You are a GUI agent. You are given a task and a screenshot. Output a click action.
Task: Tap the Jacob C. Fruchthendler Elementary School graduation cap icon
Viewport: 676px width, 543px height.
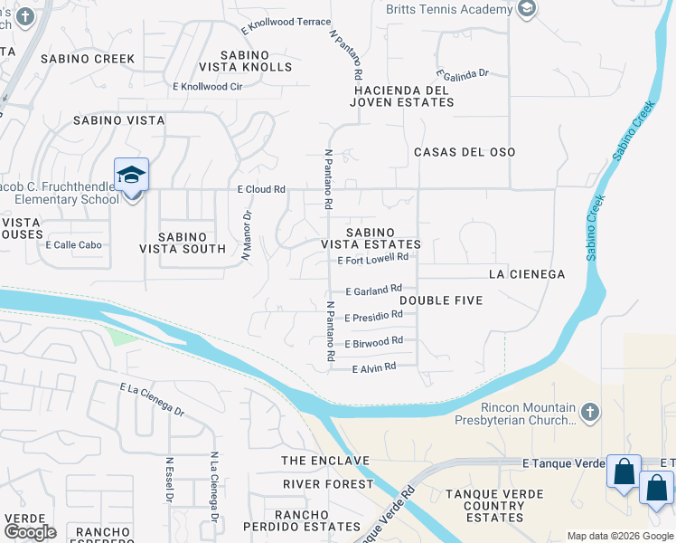point(131,174)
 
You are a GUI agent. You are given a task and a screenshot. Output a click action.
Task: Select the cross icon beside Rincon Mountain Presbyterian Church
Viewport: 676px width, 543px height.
point(589,414)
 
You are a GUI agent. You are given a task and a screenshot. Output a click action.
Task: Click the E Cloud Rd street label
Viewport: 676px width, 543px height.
point(261,190)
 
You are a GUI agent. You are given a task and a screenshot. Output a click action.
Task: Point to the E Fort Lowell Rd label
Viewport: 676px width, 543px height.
point(372,258)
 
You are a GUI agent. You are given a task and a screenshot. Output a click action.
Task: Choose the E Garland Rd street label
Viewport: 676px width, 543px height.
point(373,291)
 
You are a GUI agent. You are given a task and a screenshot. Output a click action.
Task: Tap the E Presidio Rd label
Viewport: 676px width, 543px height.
point(373,317)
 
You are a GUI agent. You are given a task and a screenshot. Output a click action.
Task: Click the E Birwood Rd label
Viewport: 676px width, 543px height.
point(373,343)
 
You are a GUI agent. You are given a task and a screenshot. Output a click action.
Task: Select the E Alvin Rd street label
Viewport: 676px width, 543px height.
point(373,367)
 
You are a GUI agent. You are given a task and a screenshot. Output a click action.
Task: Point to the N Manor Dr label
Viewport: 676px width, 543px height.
point(246,236)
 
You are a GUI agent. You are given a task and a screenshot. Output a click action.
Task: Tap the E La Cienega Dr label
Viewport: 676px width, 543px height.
point(152,398)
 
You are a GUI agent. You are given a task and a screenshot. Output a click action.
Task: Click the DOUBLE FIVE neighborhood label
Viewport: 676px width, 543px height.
point(441,300)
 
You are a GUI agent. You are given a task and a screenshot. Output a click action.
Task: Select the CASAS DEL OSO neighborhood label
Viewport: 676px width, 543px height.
point(465,152)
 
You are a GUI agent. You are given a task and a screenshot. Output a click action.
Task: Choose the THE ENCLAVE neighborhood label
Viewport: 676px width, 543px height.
point(325,461)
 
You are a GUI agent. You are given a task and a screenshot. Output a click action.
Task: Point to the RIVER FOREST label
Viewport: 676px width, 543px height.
point(327,484)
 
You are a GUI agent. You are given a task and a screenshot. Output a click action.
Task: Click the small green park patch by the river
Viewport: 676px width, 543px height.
point(119,336)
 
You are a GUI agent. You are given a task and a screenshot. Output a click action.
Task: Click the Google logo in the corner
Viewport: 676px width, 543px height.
point(30,532)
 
